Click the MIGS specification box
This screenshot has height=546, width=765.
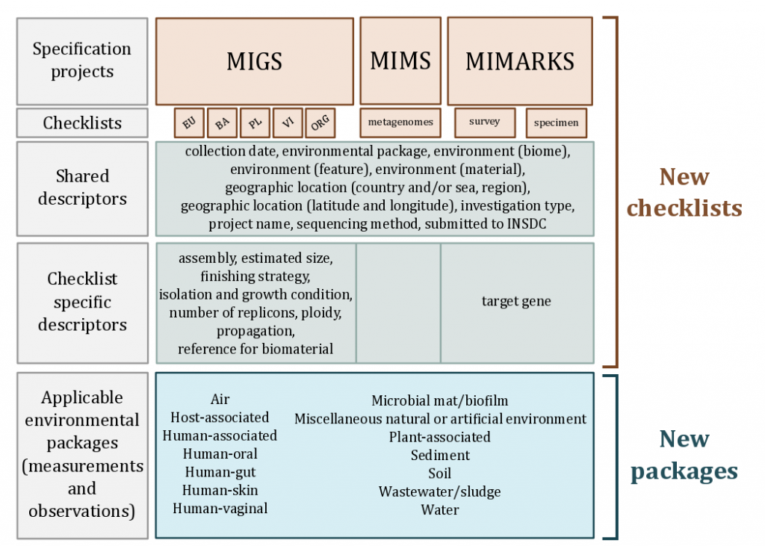pyautogui.click(x=254, y=61)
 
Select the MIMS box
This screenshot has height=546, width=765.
pyautogui.click(x=400, y=61)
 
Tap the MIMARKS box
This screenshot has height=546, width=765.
pyautogui.click(x=520, y=61)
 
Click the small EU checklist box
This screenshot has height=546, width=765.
pyautogui.click(x=189, y=122)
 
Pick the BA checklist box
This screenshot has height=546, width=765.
pyautogui.click(x=222, y=122)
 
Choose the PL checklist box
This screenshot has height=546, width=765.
pyautogui.click(x=255, y=122)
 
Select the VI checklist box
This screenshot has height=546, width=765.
pyautogui.click(x=288, y=122)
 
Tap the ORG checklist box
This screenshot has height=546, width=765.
pyautogui.click(x=320, y=122)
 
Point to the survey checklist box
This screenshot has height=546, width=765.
pyautogui.click(x=484, y=121)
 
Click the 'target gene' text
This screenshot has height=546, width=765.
pyautogui.click(x=516, y=302)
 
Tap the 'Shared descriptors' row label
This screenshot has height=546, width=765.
pyautogui.click(x=82, y=187)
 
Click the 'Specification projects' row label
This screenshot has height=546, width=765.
pyautogui.click(x=82, y=61)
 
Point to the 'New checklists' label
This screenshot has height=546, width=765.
pyautogui.click(x=684, y=192)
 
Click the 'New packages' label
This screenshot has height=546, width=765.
pyautogui.click(x=684, y=455)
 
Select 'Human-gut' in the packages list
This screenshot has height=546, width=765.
pyautogui.click(x=220, y=472)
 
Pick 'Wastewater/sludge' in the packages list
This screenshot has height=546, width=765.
pyautogui.click(x=439, y=491)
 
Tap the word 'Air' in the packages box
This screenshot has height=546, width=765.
pyautogui.click(x=220, y=400)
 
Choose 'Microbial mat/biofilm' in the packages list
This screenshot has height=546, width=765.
pyautogui.click(x=439, y=401)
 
